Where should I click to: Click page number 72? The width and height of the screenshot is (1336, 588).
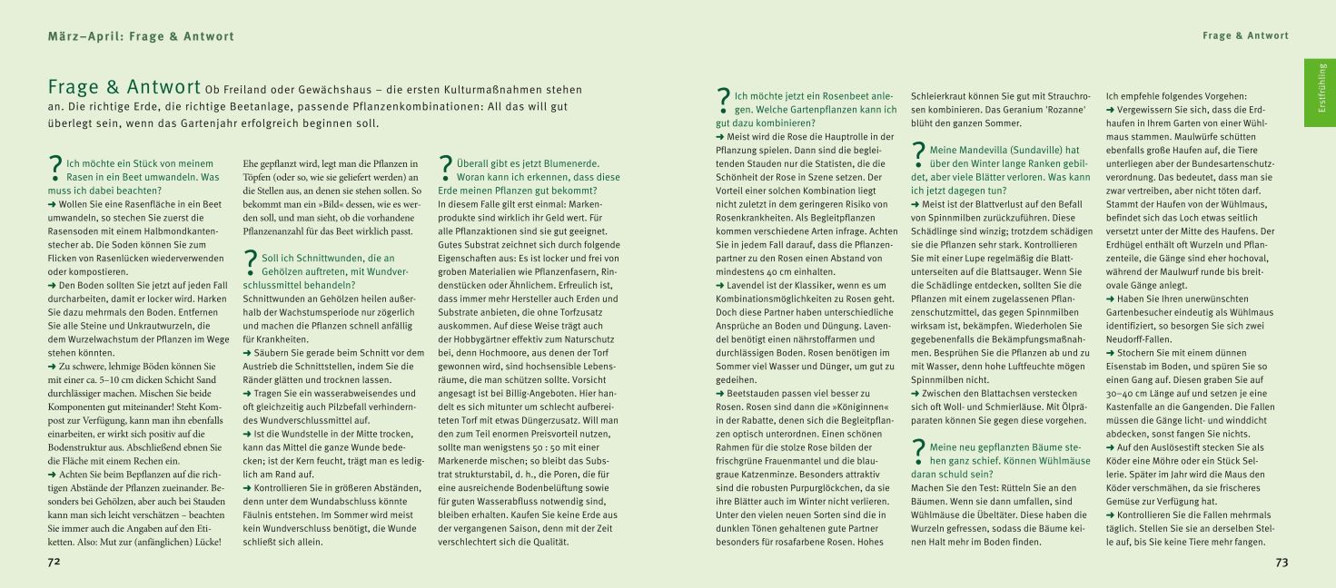(54, 563)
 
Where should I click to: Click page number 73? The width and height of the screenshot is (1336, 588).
(1281, 563)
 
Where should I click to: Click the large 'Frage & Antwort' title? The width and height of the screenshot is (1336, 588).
(124, 88)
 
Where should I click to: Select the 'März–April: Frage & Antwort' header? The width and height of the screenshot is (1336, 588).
(141, 36)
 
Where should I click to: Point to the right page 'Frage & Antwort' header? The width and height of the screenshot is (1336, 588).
(1245, 36)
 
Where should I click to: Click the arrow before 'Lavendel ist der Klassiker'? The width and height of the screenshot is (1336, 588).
(720, 285)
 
